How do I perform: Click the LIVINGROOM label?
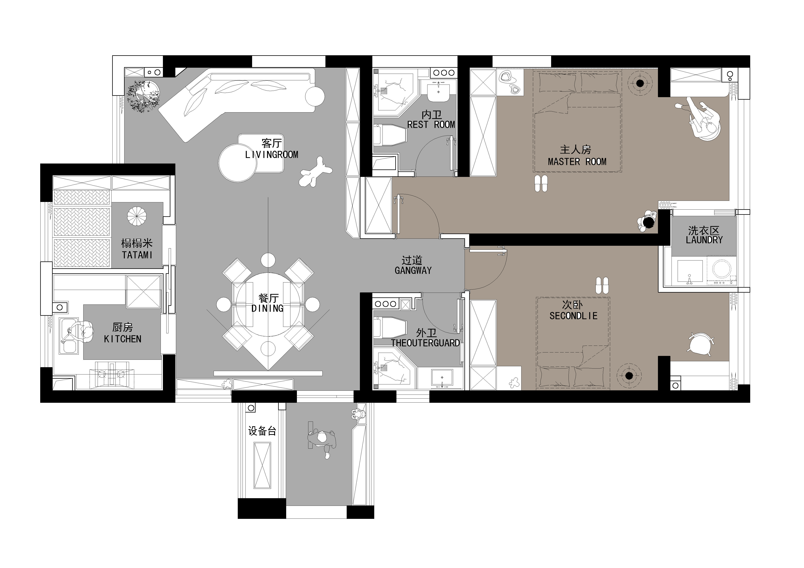pyautogui.click(x=272, y=155)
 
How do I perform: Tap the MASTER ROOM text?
pyautogui.click(x=577, y=162)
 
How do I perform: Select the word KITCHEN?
pyautogui.click(x=123, y=339)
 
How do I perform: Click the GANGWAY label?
pyautogui.click(x=413, y=270)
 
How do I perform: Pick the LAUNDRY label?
pyautogui.click(x=704, y=240)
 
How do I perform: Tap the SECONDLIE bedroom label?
pyautogui.click(x=573, y=316)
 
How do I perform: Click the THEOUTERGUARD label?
pyautogui.click(x=426, y=343)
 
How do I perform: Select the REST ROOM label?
pyautogui.click(x=431, y=125)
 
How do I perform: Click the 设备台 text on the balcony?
pyautogui.click(x=262, y=431)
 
